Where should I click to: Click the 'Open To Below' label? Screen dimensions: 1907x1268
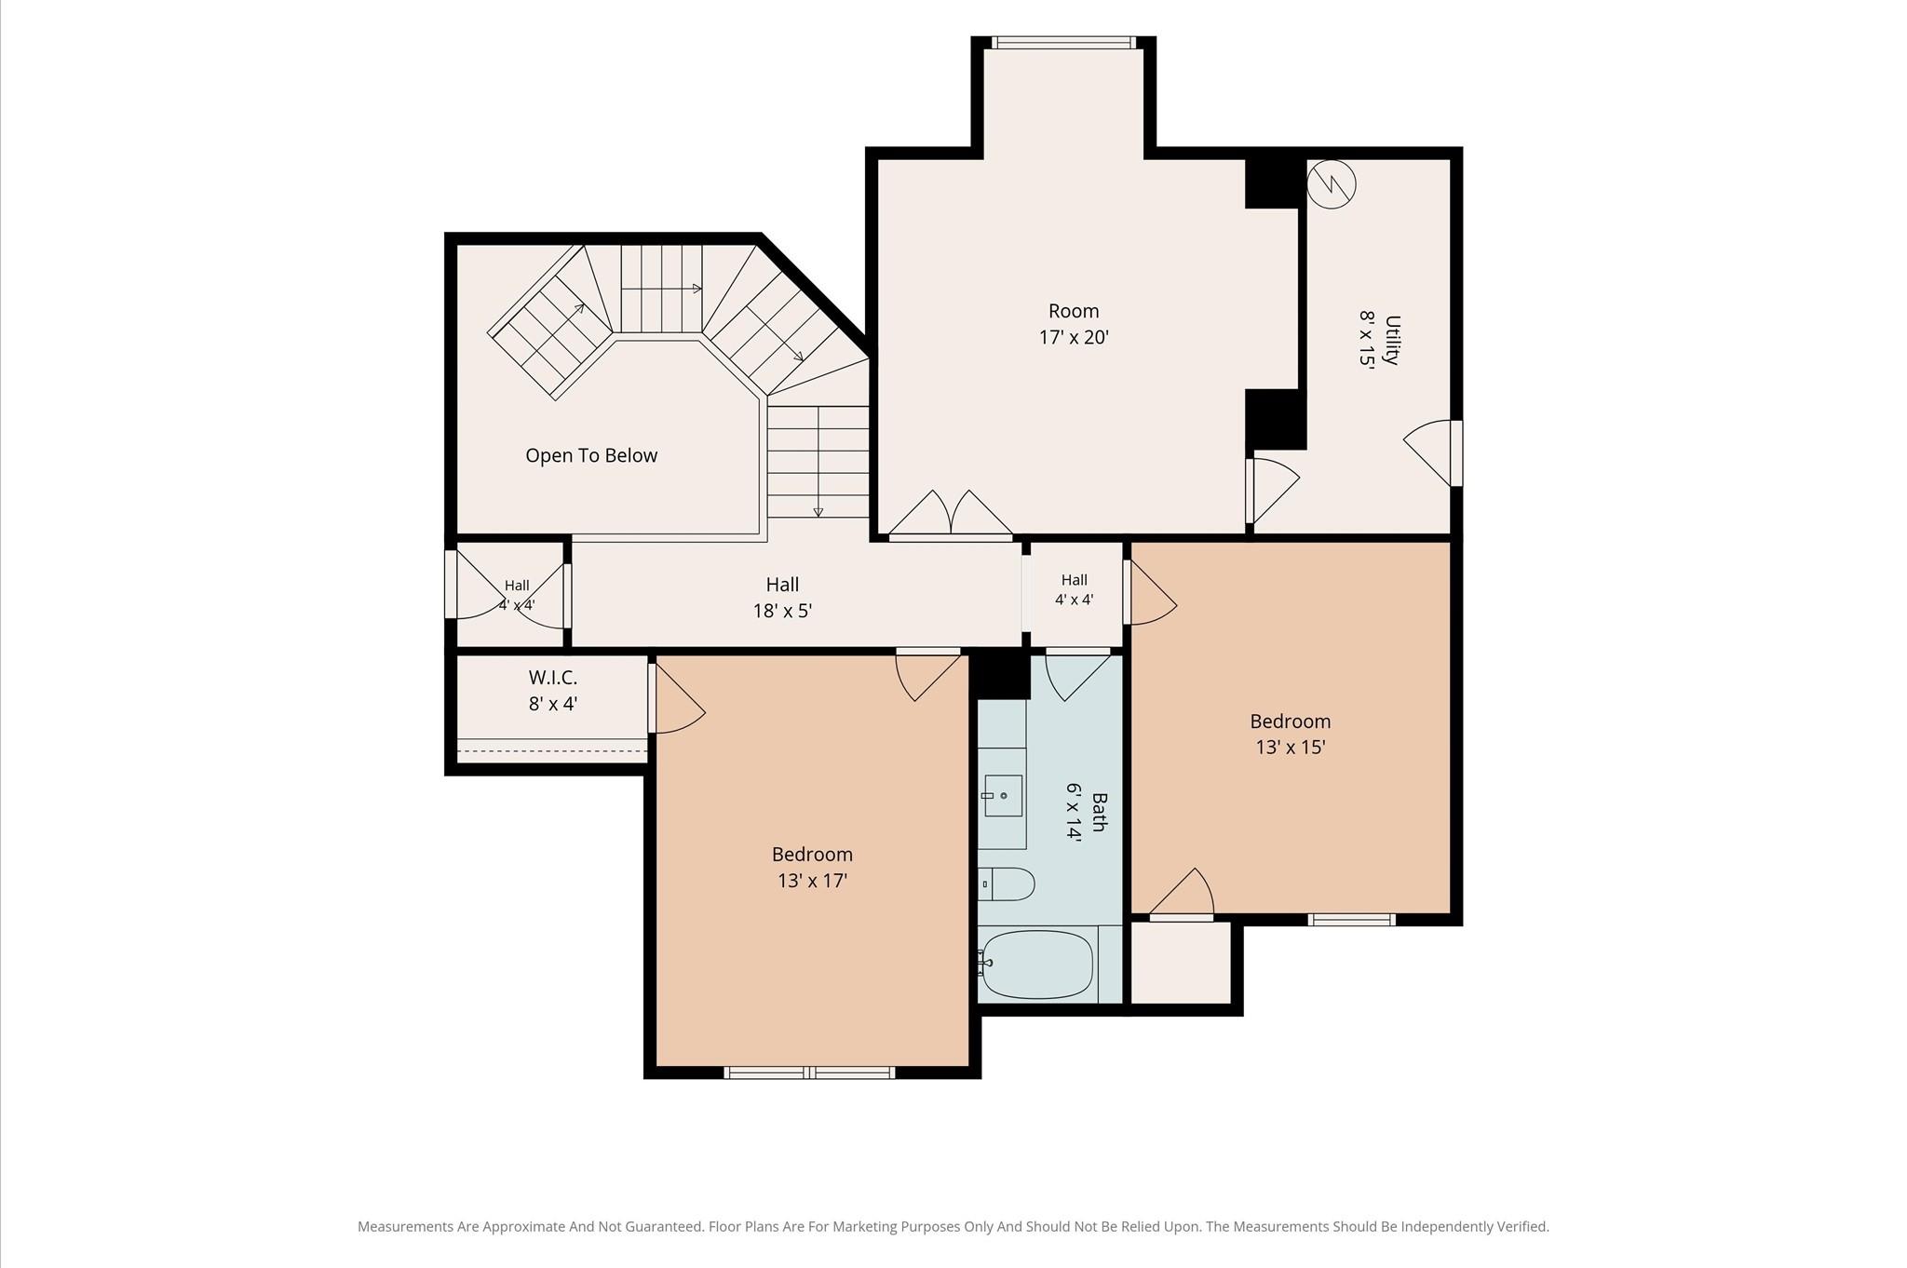(x=591, y=455)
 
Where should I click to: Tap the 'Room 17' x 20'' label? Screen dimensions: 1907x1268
(x=1074, y=324)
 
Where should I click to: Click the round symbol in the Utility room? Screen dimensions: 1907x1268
(x=1332, y=184)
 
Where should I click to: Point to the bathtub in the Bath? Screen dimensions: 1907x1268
(x=1037, y=964)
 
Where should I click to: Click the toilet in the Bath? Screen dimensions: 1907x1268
(x=1006, y=884)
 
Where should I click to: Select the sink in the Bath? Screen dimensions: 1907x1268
(x=1003, y=796)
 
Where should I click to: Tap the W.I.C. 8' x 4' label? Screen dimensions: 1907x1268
(x=553, y=691)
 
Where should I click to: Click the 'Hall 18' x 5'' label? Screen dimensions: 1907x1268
(x=782, y=598)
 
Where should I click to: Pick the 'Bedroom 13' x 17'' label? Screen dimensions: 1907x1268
(x=812, y=867)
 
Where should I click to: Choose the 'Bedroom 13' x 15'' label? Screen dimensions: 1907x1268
(x=1290, y=734)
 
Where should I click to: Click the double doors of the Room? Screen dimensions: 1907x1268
(x=951, y=515)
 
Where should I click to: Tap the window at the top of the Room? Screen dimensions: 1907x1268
(x=1063, y=42)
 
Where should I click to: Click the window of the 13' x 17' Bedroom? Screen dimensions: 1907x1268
(x=809, y=1072)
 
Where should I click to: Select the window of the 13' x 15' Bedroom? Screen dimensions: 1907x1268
(x=1351, y=920)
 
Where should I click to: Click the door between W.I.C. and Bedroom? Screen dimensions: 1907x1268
(x=676, y=698)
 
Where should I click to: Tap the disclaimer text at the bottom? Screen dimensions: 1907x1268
(x=953, y=1227)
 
